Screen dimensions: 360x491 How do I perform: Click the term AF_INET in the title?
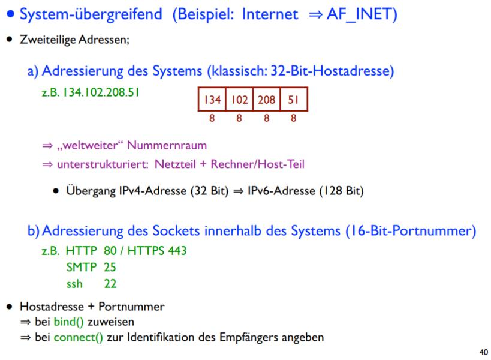(x=362, y=15)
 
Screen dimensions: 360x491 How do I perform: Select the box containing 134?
(x=212, y=100)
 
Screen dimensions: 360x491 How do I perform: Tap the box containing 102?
(x=239, y=100)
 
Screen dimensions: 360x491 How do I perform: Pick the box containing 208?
(x=266, y=100)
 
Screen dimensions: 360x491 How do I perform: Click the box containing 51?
(x=293, y=100)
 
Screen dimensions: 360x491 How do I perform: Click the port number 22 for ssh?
(x=110, y=283)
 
